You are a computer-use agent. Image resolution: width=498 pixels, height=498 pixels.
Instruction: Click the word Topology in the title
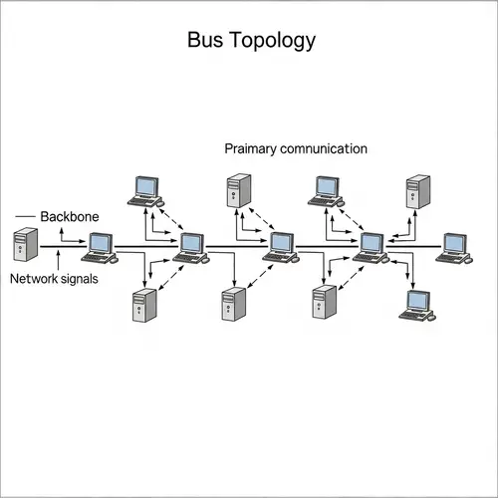click(271, 42)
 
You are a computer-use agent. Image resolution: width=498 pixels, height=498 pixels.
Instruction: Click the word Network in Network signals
click(33, 279)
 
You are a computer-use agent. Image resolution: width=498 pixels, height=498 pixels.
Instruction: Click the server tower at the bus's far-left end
click(26, 245)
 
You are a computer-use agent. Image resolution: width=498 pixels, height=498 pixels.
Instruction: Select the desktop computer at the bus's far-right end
click(454, 246)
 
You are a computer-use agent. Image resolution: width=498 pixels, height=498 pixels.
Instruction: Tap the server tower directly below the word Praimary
click(239, 190)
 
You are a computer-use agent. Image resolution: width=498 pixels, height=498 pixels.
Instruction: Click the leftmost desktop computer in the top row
click(147, 189)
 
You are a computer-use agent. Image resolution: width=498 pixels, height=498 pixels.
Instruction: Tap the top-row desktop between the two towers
click(327, 189)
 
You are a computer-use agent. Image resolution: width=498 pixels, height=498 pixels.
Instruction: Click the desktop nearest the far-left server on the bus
click(100, 246)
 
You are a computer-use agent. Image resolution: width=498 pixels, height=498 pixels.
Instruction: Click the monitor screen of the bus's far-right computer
click(454, 242)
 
